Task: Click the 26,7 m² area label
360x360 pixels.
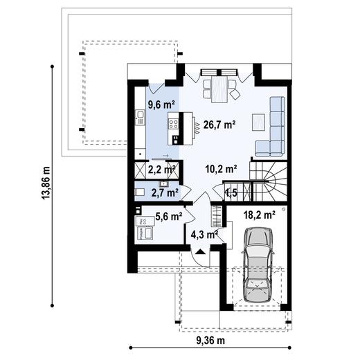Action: click(221, 125)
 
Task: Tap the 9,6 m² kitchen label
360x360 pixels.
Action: click(160, 105)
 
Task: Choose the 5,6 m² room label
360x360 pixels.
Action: click(169, 216)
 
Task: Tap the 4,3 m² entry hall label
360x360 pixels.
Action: click(204, 235)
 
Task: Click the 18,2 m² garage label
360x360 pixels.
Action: click(260, 215)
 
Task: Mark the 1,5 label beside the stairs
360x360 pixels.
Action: click(230, 192)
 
